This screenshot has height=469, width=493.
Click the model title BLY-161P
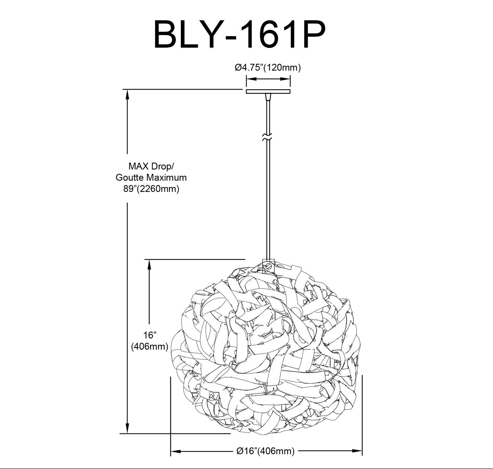pos(240,35)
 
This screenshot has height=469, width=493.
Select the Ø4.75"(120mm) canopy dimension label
pos(268,68)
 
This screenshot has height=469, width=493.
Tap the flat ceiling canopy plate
pos(268,92)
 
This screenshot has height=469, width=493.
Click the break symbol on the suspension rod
pos(267,137)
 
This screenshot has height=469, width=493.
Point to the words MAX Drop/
pos(151,166)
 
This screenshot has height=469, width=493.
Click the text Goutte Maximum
pos(151,177)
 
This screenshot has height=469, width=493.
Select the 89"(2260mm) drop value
pos(151,189)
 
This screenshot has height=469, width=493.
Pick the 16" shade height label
pos(150,335)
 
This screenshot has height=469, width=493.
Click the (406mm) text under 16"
pos(150,346)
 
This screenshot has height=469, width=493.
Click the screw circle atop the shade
pos(268,265)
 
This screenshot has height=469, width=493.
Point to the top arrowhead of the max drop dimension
pos(127,95)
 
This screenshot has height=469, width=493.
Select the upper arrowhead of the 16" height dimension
pos(150,265)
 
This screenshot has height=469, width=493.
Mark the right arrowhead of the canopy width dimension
pos(285,79)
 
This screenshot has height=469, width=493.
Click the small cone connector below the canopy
pos(268,97)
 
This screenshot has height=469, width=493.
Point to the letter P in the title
pos(313,35)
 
